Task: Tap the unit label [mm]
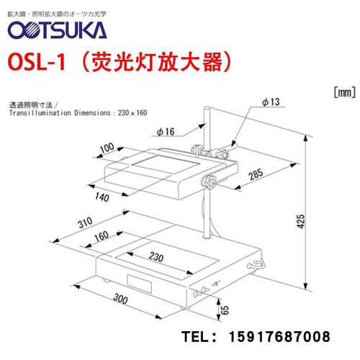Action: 341,91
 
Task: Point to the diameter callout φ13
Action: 270,103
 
